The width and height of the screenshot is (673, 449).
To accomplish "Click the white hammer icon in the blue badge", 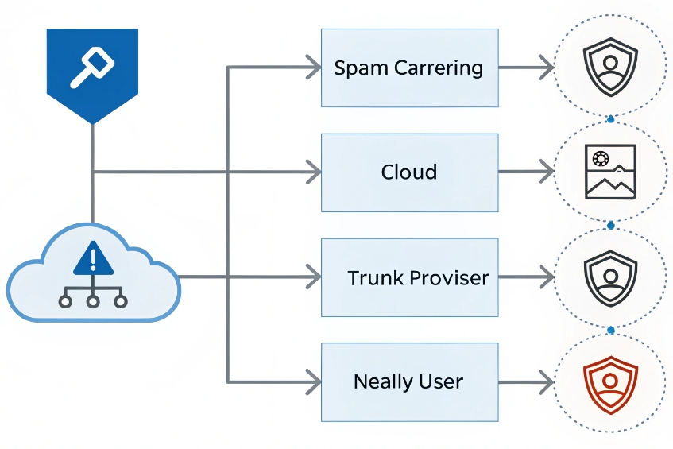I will tap(93, 65).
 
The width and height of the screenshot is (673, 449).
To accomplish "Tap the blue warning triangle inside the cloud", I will tap(94, 260).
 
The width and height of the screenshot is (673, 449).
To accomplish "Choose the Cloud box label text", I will tap(408, 172).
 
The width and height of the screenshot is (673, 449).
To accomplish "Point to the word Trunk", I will tap(376, 278).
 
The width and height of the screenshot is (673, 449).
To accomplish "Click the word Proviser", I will tap(450, 278).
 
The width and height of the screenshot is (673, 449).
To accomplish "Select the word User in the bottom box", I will tap(443, 381).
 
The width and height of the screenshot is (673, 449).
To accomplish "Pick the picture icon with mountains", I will tap(610, 172).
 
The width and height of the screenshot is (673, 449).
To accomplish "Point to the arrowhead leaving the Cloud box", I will tap(547, 172).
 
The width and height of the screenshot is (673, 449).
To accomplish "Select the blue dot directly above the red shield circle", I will tap(610, 330).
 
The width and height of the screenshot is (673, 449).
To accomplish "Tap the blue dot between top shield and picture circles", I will tap(610, 119).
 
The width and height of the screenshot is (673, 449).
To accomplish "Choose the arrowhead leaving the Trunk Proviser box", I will tap(547, 277).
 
